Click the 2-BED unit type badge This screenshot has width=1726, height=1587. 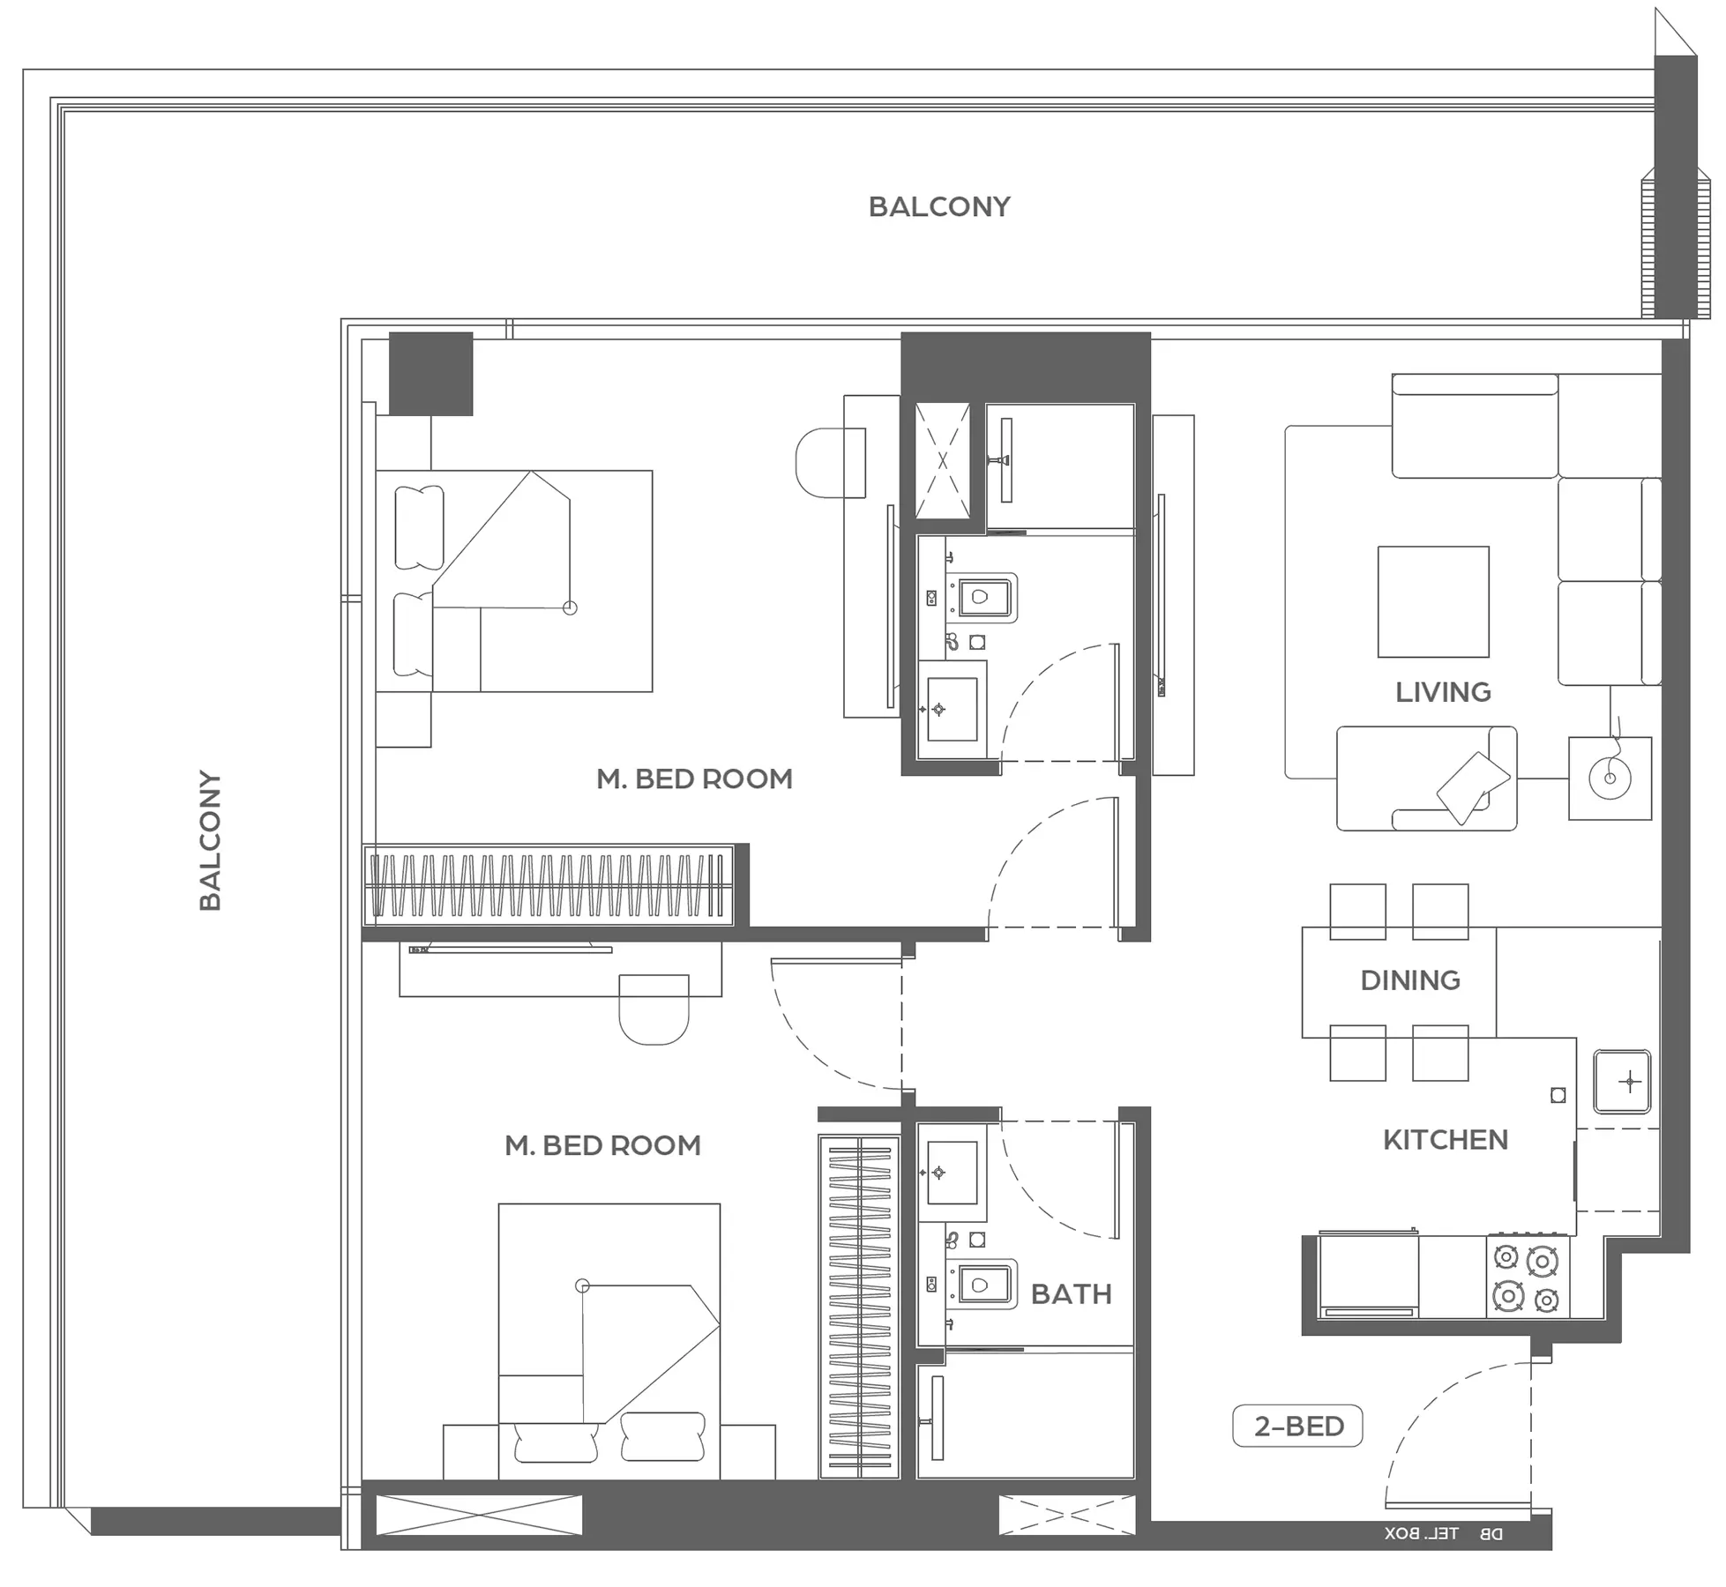click(1297, 1427)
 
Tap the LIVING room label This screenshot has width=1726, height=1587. click(1443, 693)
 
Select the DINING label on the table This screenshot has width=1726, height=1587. click(1410, 980)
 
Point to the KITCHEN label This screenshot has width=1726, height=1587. click(1446, 1140)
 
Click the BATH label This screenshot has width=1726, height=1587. click(1072, 1294)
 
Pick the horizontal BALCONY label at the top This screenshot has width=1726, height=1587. click(939, 207)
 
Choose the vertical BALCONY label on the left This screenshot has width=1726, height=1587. click(210, 840)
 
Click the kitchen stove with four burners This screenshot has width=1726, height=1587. click(1527, 1277)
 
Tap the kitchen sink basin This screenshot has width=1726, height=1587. click(1622, 1081)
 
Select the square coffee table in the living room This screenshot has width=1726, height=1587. click(1433, 602)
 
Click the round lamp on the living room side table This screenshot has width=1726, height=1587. click(1610, 778)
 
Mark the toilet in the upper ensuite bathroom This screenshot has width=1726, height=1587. click(981, 598)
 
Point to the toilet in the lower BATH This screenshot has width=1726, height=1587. click(981, 1285)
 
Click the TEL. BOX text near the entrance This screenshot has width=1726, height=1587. click(1421, 1534)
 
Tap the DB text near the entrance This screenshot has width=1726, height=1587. click(1491, 1534)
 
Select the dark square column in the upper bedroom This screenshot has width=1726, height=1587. click(430, 374)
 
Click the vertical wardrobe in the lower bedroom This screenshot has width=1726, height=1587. click(859, 1307)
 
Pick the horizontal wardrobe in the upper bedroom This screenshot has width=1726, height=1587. click(549, 885)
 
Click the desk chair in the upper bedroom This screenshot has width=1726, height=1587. click(830, 463)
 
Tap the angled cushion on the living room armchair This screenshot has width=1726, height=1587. click(1474, 787)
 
